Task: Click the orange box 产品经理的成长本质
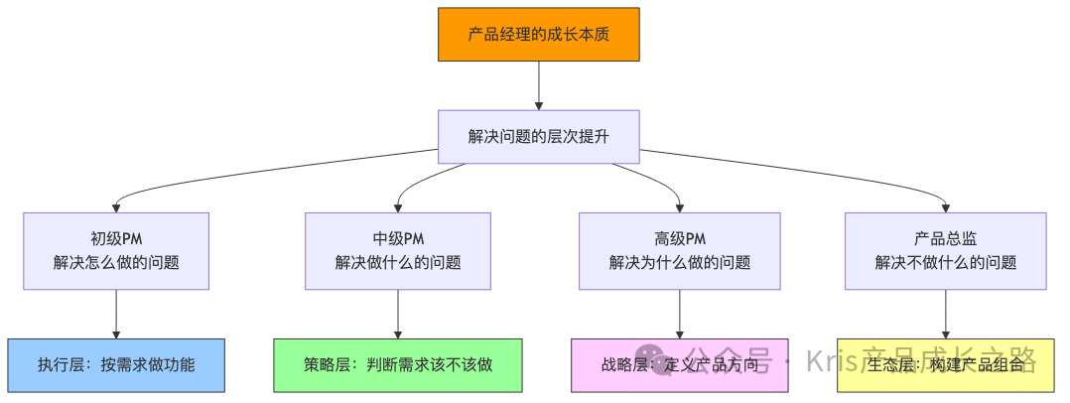(538, 34)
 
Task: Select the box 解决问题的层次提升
(538, 136)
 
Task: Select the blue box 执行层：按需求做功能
(116, 364)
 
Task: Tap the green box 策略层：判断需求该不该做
(398, 364)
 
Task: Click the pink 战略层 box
(679, 364)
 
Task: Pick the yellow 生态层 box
(945, 364)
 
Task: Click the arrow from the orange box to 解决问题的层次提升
(538, 84)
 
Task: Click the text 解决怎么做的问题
(116, 263)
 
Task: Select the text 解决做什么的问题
(398, 263)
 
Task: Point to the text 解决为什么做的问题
(679, 263)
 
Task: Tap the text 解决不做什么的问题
(945, 263)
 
